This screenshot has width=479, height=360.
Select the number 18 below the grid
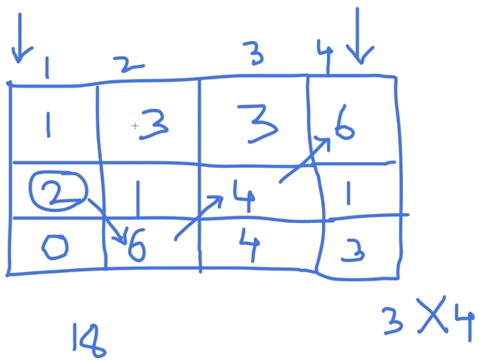click(x=89, y=340)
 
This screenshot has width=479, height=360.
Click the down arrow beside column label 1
click(x=20, y=38)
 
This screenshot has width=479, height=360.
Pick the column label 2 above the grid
click(x=128, y=64)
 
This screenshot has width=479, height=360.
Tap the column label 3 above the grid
click(x=254, y=53)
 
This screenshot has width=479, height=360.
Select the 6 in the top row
click(x=344, y=123)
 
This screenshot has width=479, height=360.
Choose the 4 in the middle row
click(x=244, y=195)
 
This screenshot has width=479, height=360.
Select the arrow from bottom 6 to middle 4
click(x=198, y=217)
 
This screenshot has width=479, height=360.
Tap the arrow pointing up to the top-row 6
click(x=304, y=160)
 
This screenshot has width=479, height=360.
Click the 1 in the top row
click(x=48, y=125)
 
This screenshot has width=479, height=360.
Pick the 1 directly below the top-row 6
click(x=349, y=192)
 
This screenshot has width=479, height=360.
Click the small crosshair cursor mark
click(x=135, y=125)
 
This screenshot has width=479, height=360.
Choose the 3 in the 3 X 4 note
click(x=393, y=321)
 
